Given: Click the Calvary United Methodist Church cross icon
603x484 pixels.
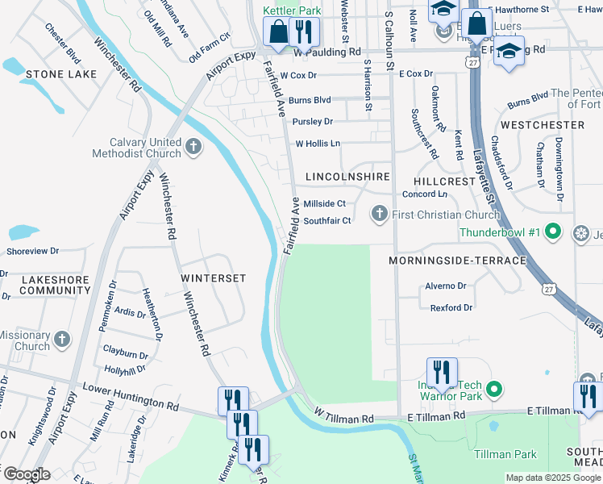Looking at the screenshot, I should coord(193,146).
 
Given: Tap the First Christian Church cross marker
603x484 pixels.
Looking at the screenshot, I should coord(380,215).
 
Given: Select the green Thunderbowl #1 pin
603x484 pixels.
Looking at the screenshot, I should coord(552,232).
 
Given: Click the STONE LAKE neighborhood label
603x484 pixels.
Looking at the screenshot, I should coord(61,74).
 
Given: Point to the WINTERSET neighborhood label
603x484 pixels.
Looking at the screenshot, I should coord(213,277).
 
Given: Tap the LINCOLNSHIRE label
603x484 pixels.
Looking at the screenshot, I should coord(347,176).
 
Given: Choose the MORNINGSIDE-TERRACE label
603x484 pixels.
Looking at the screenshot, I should coord(457,261).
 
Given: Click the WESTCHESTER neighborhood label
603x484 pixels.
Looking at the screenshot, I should coord(543,125).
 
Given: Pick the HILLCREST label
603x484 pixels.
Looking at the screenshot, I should coord(445,181).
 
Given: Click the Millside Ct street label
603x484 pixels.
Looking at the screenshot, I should coord(324,204).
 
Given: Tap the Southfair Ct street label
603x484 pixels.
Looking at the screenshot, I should coord(327,220).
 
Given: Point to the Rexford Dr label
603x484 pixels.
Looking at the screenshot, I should coord(451,307).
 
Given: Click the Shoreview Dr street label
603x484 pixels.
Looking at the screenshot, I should coord(33,252).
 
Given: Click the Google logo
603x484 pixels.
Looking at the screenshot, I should coord(26,474).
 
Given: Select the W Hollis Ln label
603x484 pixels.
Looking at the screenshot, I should coord(318,144).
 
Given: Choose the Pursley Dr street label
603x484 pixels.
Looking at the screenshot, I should coord(313,122).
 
